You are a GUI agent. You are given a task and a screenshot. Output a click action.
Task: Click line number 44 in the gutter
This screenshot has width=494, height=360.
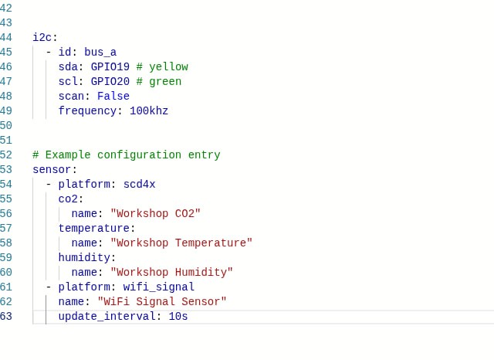(x=6, y=37)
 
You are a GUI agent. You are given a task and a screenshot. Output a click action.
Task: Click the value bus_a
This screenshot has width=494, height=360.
(x=100, y=52)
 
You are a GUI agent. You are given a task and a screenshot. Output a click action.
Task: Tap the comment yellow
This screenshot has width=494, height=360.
(x=162, y=66)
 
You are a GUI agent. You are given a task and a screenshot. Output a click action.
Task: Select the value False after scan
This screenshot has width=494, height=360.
(x=113, y=96)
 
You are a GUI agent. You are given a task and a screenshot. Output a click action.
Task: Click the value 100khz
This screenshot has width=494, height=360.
(x=149, y=110)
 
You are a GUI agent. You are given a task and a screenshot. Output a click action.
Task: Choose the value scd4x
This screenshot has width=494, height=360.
(x=140, y=184)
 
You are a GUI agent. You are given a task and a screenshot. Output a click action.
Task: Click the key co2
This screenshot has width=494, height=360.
(x=69, y=199)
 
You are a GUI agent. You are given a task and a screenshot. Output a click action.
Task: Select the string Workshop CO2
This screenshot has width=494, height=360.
(x=156, y=213)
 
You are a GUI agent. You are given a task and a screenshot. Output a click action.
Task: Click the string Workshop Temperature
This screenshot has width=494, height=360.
(x=181, y=243)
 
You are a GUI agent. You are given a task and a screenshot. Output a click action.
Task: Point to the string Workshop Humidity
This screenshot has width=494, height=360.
(x=172, y=272)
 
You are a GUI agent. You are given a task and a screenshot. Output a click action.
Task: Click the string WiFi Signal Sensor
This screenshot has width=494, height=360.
(x=162, y=301)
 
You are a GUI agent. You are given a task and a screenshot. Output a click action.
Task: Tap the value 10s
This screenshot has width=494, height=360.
(x=178, y=316)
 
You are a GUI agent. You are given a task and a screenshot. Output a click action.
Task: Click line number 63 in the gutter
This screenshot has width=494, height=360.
(x=6, y=316)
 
